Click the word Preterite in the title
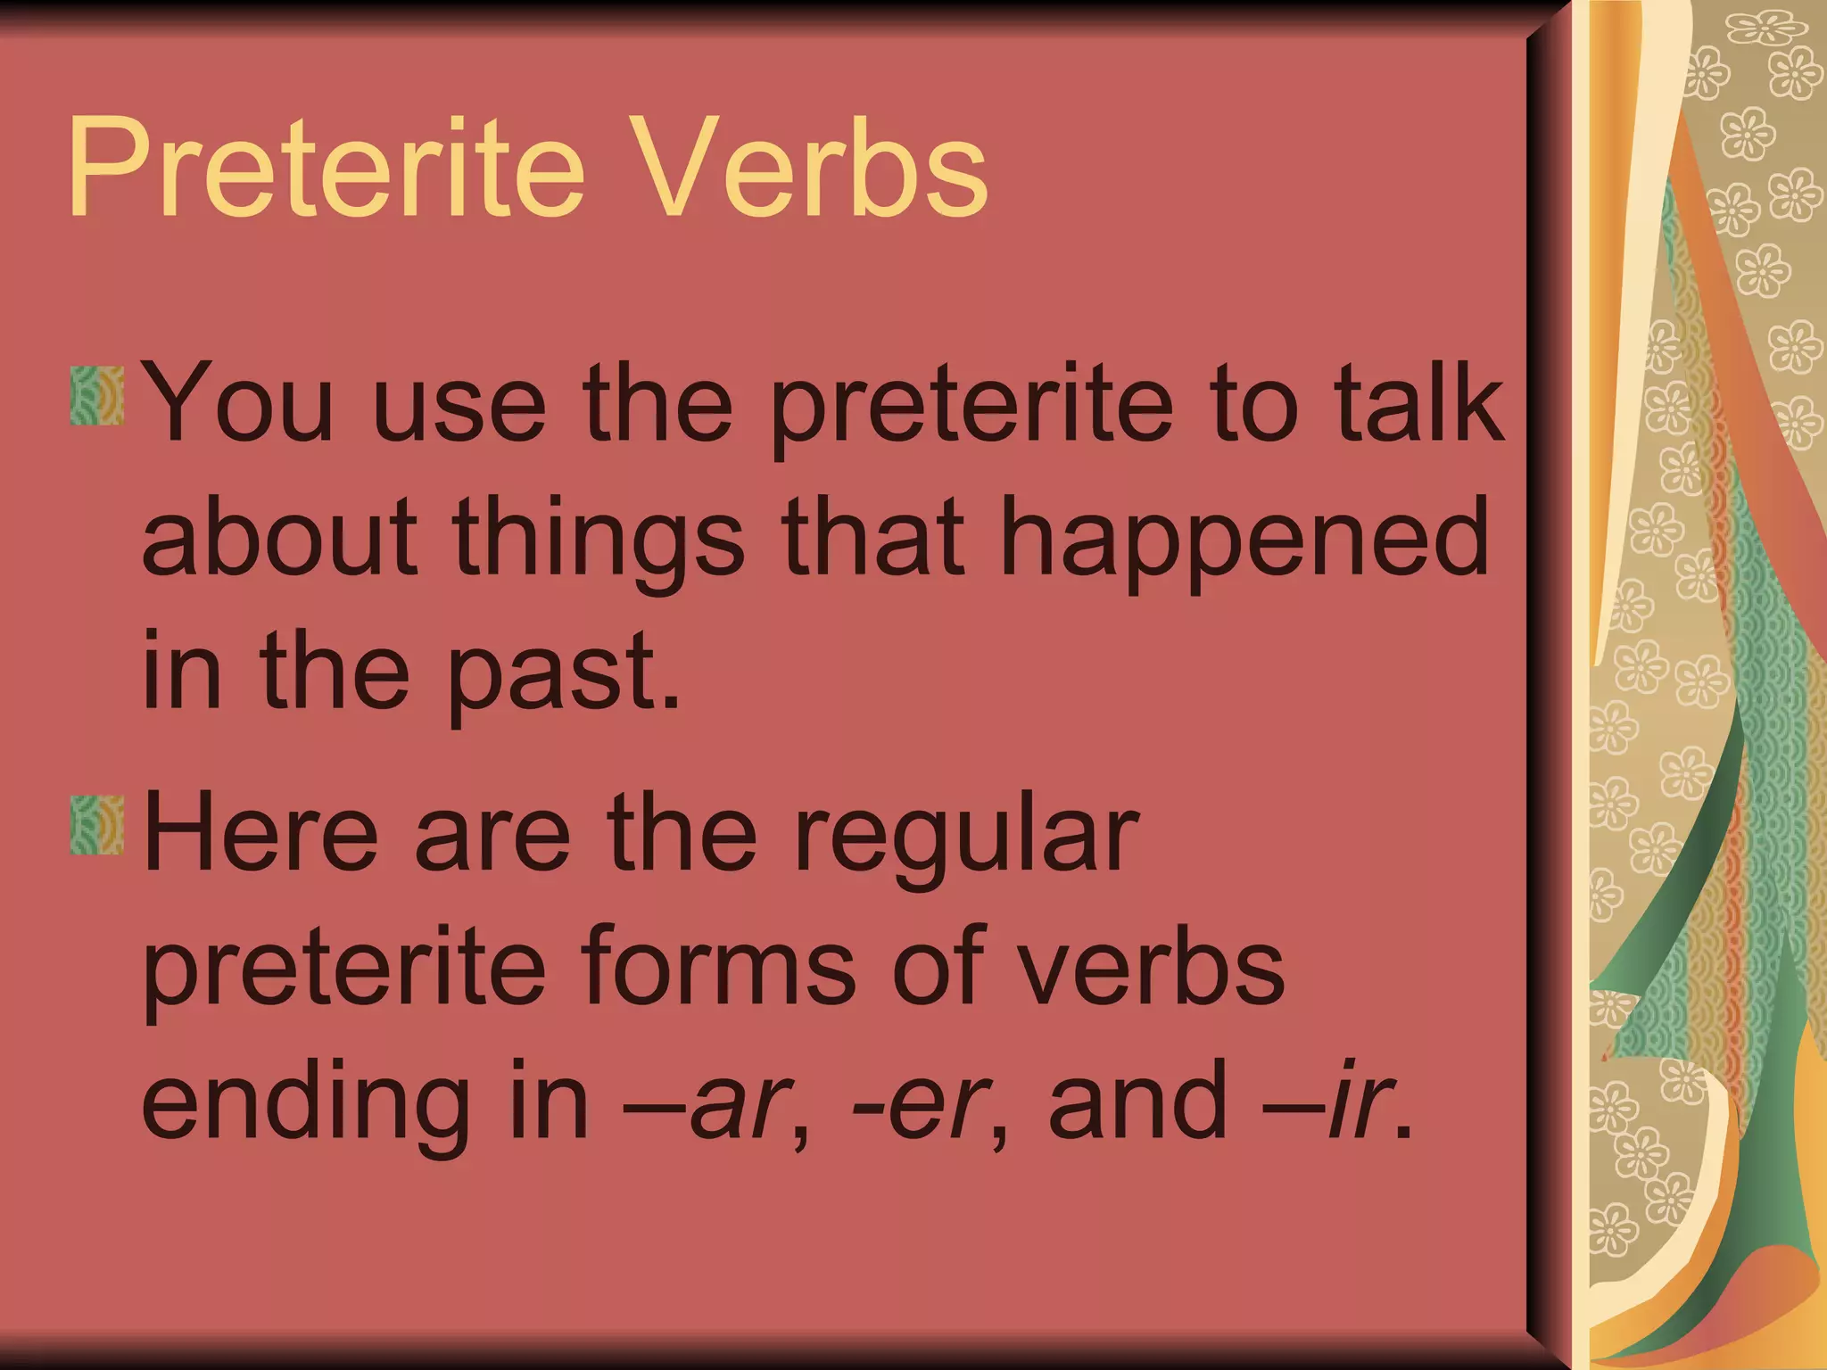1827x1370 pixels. click(326, 169)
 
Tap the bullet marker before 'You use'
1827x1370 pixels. click(96, 394)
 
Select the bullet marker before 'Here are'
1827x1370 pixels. click(96, 825)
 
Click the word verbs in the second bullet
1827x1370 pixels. click(1151, 968)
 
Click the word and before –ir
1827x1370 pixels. click(1137, 1102)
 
